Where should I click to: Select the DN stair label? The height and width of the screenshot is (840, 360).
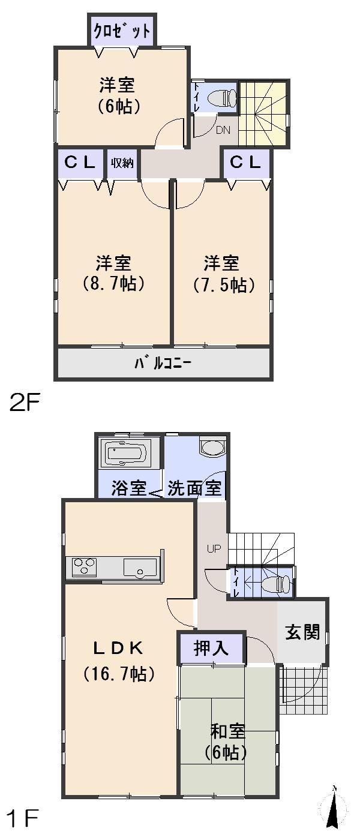click(x=222, y=130)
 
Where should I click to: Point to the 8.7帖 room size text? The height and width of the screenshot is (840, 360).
click(x=114, y=283)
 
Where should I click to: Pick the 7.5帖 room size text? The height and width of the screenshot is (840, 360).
click(x=221, y=285)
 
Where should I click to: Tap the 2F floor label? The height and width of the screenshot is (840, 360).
click(x=24, y=401)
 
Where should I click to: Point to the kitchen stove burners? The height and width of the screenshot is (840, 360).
click(x=85, y=566)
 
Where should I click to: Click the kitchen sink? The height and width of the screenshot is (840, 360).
click(x=140, y=566)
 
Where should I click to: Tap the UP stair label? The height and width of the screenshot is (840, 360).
click(x=214, y=548)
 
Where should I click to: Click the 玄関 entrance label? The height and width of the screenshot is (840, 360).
click(x=302, y=632)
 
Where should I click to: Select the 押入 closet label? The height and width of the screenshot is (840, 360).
click(x=211, y=649)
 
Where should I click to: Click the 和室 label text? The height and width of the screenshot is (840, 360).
click(x=227, y=731)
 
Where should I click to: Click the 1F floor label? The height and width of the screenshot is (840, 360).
click(x=22, y=818)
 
